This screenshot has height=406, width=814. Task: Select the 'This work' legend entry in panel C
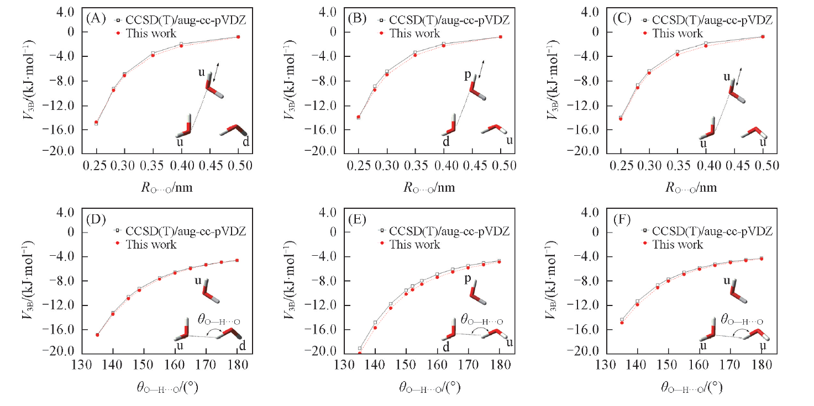tap(678, 33)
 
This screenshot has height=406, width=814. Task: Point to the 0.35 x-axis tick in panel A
tap(153, 165)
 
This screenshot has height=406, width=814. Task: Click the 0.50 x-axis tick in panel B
tap(501, 165)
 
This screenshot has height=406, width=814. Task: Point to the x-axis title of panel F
tap(691, 387)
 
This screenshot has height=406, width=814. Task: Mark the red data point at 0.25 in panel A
tap(96, 122)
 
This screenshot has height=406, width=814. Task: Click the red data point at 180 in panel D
tap(237, 260)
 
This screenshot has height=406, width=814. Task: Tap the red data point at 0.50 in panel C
tap(762, 36)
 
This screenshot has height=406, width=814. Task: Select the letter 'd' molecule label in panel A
tap(245, 141)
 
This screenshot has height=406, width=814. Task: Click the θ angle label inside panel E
tap(482, 320)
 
